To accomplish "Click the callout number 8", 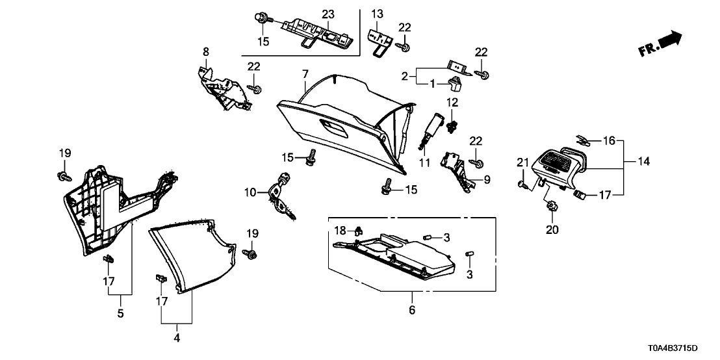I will [206, 51].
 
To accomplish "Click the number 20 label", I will [552, 229].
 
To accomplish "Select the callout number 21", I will [522, 162].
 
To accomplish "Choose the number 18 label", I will [341, 230].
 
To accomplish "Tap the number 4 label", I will [177, 338].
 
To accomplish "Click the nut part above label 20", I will [552, 207].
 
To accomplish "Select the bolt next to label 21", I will [522, 184].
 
